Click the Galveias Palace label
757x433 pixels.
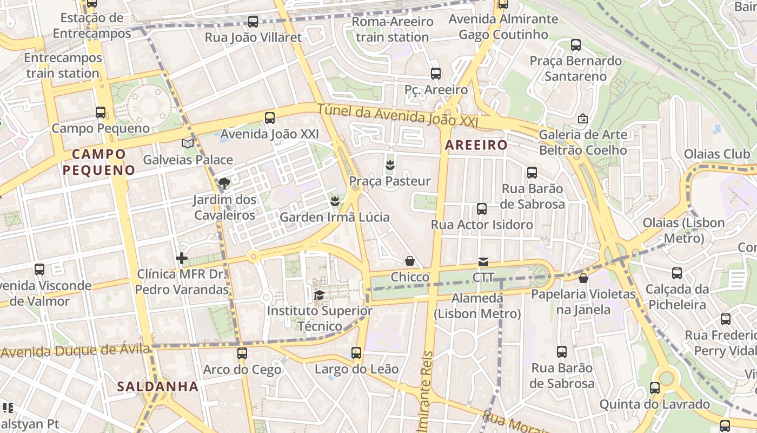188,160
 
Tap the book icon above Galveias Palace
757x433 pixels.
188,143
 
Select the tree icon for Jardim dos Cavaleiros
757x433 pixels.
224,183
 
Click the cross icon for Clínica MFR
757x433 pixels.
182,258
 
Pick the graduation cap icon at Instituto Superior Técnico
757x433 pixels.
320,295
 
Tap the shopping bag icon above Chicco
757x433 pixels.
410,261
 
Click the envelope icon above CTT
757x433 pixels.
483,262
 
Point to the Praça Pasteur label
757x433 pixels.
390,181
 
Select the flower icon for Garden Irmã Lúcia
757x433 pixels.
335,201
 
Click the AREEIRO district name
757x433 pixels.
476,145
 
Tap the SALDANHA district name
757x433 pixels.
158,386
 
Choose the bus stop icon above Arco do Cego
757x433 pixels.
242,353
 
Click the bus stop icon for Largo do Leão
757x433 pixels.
356,353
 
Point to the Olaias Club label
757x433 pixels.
717,154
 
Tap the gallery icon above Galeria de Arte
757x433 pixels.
583,118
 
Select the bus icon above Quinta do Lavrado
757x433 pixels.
655,388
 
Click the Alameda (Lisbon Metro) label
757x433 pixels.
477,306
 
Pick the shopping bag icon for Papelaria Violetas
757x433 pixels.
583,278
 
